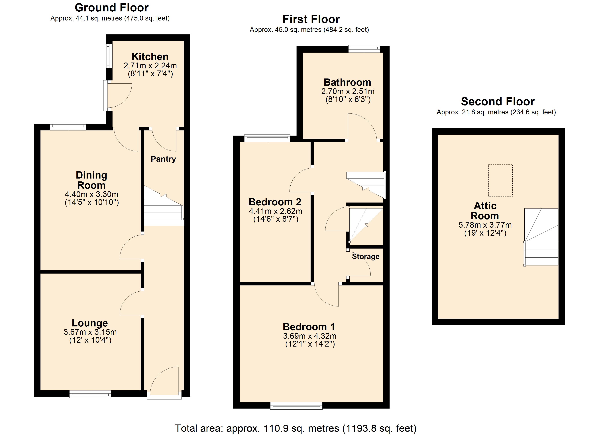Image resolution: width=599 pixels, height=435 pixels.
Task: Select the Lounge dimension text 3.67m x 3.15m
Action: pyautogui.click(x=90, y=332)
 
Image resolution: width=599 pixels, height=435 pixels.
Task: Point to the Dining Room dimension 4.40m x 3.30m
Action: pyautogui.click(x=91, y=194)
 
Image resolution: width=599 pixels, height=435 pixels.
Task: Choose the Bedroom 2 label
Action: pyautogui.click(x=275, y=202)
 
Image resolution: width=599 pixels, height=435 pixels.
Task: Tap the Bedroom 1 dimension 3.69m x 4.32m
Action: pyautogui.click(x=310, y=336)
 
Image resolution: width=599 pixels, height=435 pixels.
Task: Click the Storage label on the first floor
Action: pyautogui.click(x=366, y=256)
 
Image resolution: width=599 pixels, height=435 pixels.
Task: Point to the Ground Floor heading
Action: pyautogui.click(x=112, y=8)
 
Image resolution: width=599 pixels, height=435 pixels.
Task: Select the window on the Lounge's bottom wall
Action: pyautogui.click(x=90, y=394)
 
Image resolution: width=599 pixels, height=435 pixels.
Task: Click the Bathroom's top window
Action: pyautogui.click(x=364, y=49)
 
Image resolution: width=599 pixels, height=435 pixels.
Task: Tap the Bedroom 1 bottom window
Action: pyautogui.click(x=296, y=406)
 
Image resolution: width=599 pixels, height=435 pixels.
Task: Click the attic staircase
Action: pyautogui.click(x=541, y=237)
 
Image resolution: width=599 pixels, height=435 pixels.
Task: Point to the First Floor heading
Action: pyautogui.click(x=311, y=19)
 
